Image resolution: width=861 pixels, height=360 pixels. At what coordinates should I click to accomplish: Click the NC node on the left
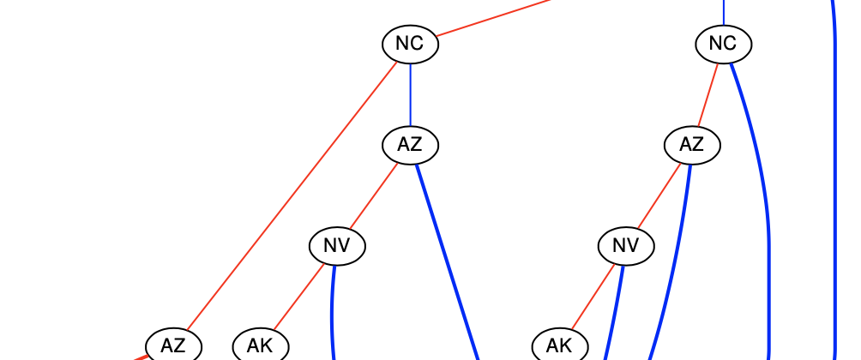(410, 44)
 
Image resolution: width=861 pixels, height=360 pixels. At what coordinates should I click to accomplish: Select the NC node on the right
(724, 44)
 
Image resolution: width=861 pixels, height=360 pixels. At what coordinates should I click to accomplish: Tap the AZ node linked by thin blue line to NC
(410, 145)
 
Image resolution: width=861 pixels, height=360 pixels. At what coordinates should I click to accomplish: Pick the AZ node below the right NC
(692, 145)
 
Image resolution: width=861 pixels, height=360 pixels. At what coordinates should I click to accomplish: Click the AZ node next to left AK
(173, 345)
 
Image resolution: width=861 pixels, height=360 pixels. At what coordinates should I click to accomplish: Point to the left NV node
(337, 246)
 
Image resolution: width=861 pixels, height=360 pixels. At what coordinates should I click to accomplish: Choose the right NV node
(626, 246)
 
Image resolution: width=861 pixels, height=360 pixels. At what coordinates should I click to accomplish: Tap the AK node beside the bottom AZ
(260, 345)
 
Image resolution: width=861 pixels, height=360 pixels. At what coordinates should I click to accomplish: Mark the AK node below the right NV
(559, 345)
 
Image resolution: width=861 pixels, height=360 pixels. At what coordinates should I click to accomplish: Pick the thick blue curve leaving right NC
(760, 171)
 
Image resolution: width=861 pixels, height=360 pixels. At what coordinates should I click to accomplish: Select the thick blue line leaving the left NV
(332, 309)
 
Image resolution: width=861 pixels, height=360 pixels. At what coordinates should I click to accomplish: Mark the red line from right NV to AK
(593, 296)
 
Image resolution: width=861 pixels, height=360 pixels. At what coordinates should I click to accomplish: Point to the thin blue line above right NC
(724, 12)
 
